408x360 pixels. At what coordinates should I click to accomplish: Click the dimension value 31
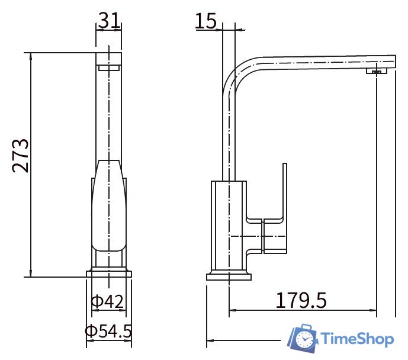click(x=110, y=20)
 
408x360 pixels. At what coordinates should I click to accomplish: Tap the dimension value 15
click(x=205, y=21)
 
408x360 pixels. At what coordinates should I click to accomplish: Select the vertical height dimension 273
click(x=21, y=156)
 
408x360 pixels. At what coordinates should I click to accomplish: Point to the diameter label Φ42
click(x=107, y=301)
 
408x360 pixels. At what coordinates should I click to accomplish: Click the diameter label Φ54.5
click(x=108, y=331)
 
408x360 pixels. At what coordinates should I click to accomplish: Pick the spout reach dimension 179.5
click(x=301, y=300)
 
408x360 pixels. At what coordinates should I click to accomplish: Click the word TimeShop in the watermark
click(x=357, y=339)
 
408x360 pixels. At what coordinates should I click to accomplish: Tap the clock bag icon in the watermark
click(x=303, y=338)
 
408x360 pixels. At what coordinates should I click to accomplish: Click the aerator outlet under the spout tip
click(x=377, y=70)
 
